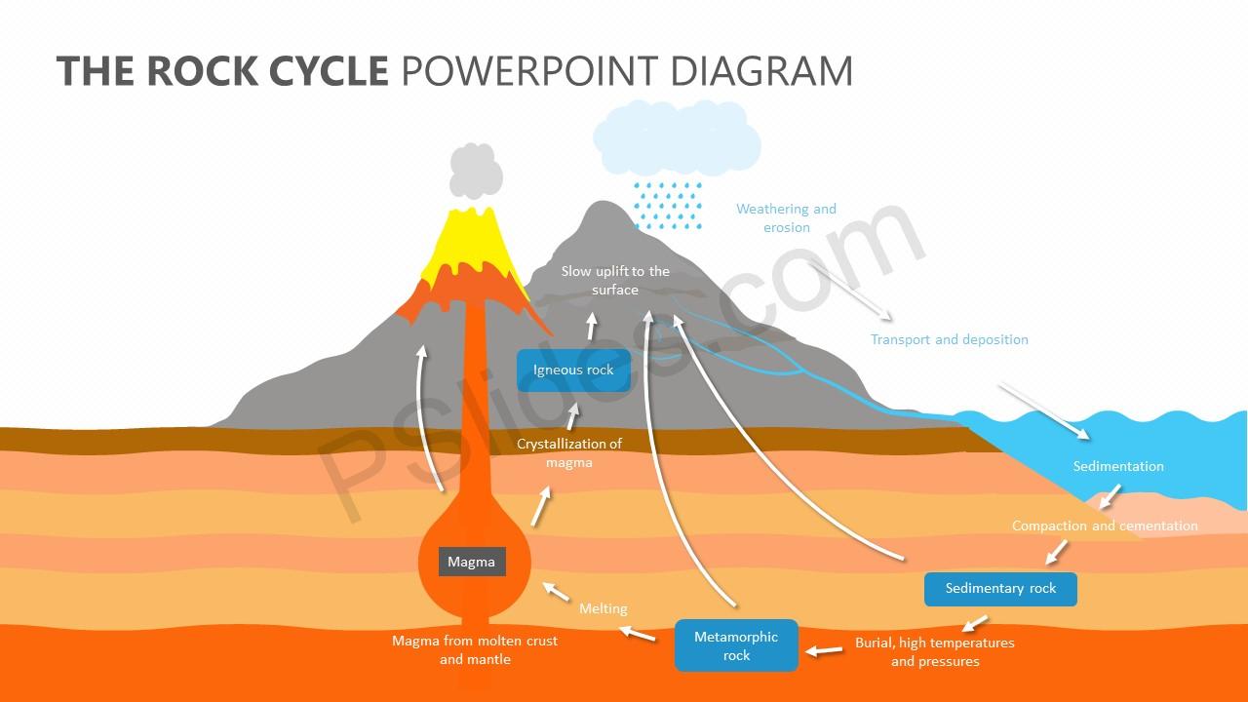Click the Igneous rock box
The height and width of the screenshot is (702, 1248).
[x=573, y=370]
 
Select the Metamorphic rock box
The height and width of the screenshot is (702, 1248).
[x=736, y=645]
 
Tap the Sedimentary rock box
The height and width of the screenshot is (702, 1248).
[x=1000, y=589]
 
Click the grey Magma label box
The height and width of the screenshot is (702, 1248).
[x=472, y=562]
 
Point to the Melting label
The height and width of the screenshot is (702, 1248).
[x=604, y=608]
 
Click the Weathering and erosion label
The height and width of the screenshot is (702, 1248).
[x=786, y=217]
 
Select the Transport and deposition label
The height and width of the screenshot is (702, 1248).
[x=949, y=339]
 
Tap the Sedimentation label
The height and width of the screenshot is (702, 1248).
[x=1118, y=466]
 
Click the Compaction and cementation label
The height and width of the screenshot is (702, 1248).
[x=1105, y=526]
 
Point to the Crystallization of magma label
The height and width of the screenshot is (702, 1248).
[x=569, y=452]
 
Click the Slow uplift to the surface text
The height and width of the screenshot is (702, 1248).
[x=615, y=280]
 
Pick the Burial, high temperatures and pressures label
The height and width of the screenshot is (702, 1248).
[x=935, y=651]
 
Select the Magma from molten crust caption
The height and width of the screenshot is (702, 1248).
[x=475, y=649]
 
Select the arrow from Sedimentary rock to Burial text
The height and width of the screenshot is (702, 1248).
[x=975, y=623]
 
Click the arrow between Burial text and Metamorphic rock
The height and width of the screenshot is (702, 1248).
[x=825, y=649]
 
